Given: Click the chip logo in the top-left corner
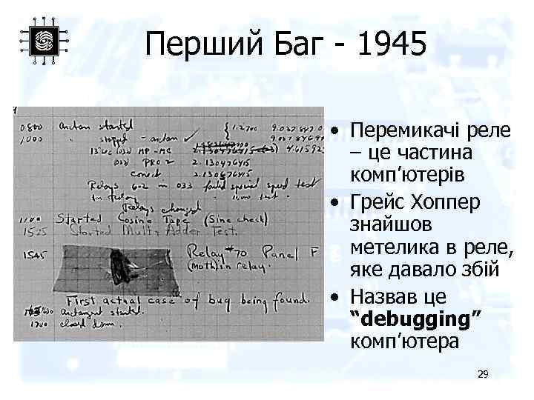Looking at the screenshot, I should (44, 40).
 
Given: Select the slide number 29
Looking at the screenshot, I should (483, 376).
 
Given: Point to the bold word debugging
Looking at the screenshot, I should (419, 319).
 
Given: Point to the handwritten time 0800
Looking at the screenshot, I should (30, 127).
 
